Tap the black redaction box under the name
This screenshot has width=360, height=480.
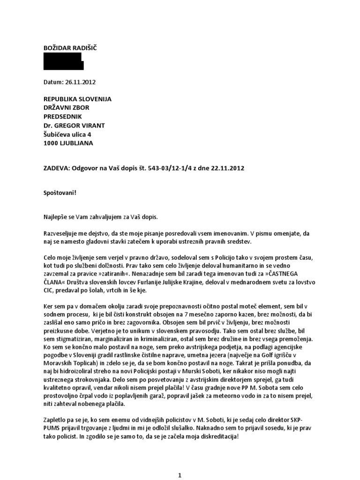[63, 63]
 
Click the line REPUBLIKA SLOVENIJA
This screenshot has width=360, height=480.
[77, 99]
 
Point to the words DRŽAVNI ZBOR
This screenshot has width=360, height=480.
[66, 108]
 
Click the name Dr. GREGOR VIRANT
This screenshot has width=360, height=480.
[74, 126]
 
